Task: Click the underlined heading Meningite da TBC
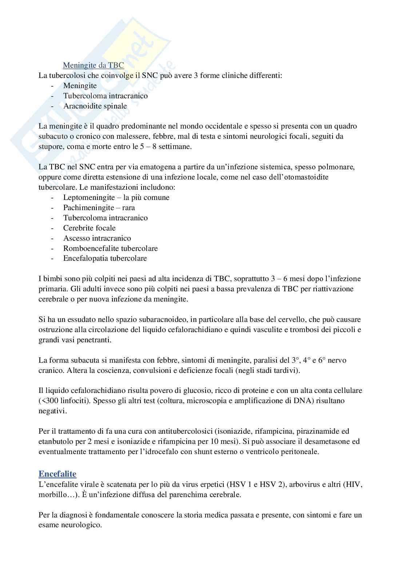click(x=93, y=66)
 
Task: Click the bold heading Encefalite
click(x=57, y=474)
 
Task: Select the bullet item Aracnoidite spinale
click(x=95, y=106)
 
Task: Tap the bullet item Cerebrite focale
click(x=89, y=228)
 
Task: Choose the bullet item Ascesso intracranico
click(x=97, y=239)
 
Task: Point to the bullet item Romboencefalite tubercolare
click(x=110, y=249)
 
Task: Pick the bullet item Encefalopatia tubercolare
click(x=105, y=259)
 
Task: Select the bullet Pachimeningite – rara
click(x=99, y=208)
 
